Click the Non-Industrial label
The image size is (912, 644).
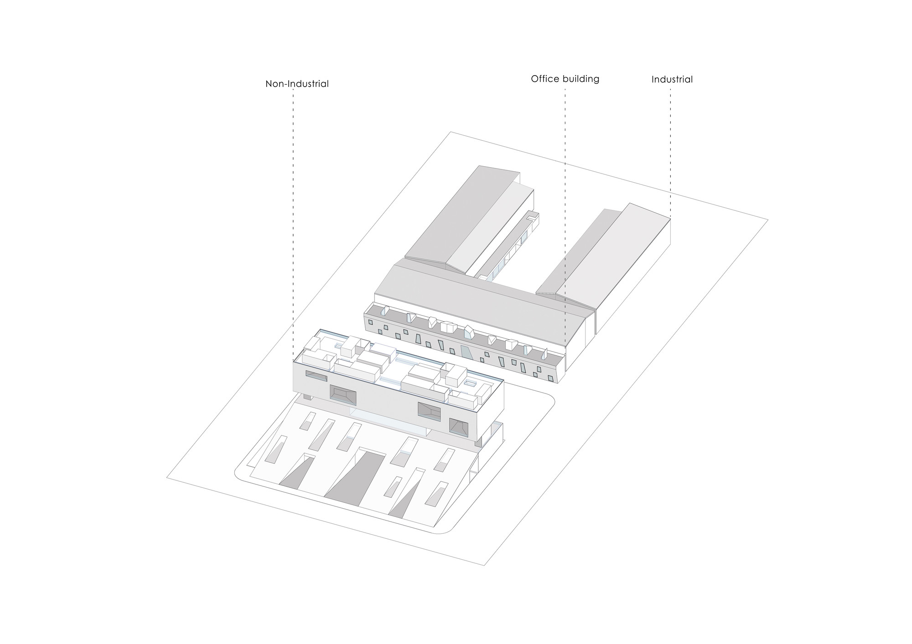[x=297, y=84]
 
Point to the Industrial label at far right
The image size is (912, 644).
[x=672, y=79]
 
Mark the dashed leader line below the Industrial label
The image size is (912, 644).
[x=670, y=150]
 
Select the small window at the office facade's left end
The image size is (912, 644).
[x=370, y=322]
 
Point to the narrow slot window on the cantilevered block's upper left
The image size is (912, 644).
[x=316, y=376]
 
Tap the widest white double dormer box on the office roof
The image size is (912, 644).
[x=448, y=327]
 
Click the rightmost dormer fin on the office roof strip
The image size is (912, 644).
[x=545, y=353]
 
